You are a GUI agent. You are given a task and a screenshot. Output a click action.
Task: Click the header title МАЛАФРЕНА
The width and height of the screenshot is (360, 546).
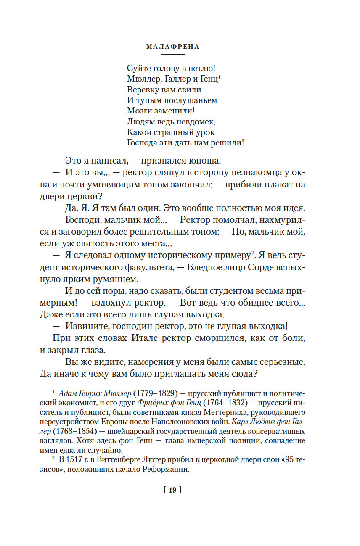172,47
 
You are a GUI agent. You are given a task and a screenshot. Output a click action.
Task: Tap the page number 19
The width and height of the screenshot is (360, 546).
172,490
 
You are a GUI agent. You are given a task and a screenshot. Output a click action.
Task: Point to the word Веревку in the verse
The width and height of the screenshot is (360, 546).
143,90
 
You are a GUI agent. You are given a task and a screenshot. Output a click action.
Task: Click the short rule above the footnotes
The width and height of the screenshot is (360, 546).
62,384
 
